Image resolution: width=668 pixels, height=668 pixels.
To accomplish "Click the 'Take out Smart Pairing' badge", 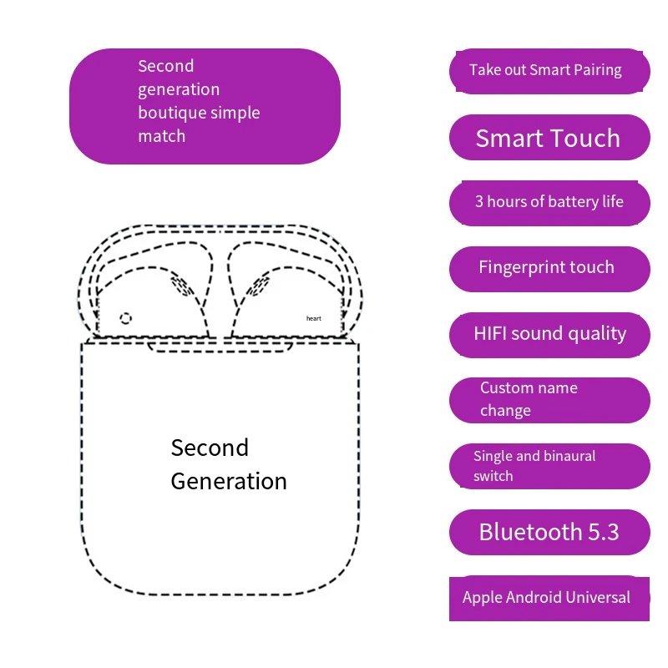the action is tap(549, 71).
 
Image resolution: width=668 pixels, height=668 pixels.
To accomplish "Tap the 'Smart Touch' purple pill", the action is tap(549, 137).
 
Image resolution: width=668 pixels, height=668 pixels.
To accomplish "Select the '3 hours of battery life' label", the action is tap(549, 203).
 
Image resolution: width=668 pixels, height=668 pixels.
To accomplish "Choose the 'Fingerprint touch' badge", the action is tap(549, 269).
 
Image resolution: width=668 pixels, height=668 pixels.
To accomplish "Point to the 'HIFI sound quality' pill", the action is tap(549, 335).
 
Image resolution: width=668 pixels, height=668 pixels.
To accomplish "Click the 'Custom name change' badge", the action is tap(549, 401).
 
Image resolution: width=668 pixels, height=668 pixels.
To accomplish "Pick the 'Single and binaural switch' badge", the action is tap(549, 466).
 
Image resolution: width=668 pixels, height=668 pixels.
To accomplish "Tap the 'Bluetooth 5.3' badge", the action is tap(549, 532).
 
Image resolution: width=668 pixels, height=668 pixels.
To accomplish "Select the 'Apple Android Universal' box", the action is tap(549, 599).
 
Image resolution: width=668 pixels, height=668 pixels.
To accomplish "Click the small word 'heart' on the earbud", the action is tap(314, 318).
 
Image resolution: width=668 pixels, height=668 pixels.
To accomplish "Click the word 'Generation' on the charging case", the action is tap(229, 482).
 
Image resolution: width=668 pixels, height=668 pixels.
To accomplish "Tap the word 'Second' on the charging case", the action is tap(210, 448).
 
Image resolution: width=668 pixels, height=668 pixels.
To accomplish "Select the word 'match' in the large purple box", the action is tap(162, 136).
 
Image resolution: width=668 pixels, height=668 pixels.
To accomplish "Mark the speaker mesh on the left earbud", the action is tap(182, 285).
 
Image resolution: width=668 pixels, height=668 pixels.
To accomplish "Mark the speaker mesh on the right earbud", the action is tap(257, 285).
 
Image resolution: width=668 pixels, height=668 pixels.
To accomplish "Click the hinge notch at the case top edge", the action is tap(220, 347).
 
